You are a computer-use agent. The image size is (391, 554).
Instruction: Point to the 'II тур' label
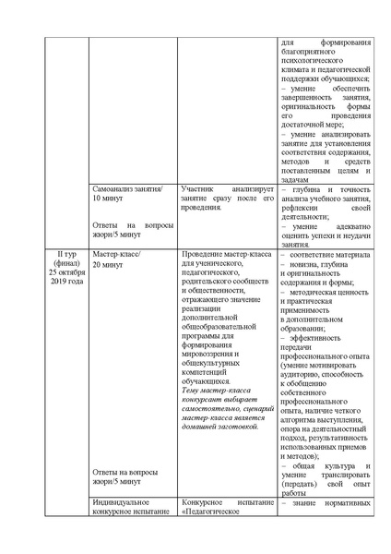[x=65, y=253]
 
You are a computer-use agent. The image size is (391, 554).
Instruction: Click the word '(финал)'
[x=65, y=262]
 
